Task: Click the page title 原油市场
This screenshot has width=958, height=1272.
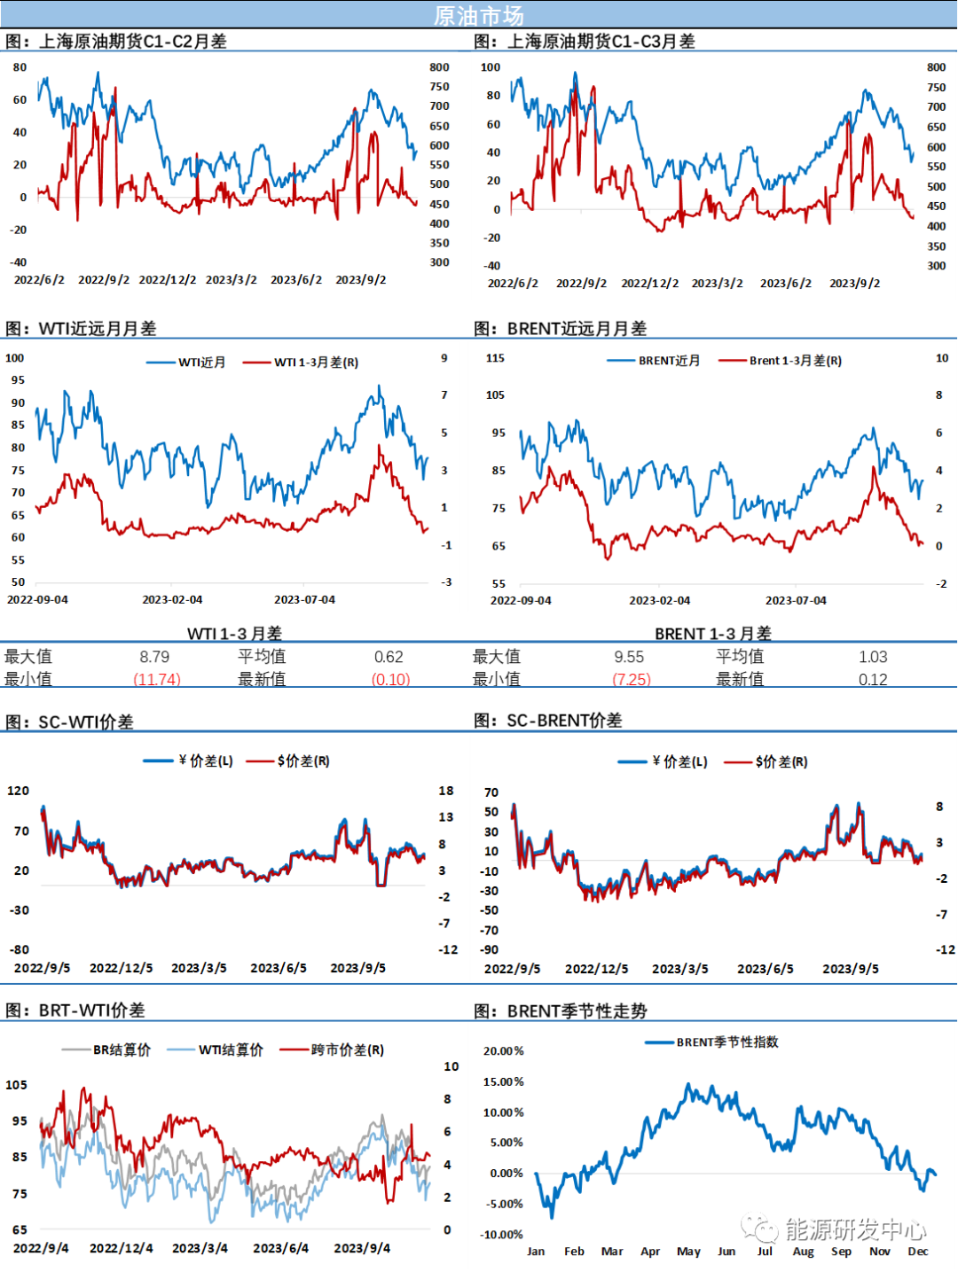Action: (x=478, y=15)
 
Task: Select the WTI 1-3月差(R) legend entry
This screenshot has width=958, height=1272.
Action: (x=316, y=363)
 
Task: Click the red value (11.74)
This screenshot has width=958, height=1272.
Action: (x=157, y=679)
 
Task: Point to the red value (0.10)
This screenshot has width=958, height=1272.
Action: (x=391, y=679)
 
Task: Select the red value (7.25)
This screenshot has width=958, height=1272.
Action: (x=632, y=679)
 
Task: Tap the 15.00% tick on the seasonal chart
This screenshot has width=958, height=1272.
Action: (x=503, y=1081)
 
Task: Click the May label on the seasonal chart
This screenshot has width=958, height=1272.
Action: (x=688, y=1252)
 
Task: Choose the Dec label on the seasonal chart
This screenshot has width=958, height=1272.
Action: (x=918, y=1252)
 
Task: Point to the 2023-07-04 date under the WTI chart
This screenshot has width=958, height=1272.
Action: (x=304, y=600)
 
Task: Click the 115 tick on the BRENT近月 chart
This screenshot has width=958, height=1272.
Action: (x=495, y=358)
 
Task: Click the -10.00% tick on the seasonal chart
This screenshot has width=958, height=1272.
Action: (x=503, y=1235)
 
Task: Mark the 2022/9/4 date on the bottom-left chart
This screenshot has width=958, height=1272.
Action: (x=41, y=1248)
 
